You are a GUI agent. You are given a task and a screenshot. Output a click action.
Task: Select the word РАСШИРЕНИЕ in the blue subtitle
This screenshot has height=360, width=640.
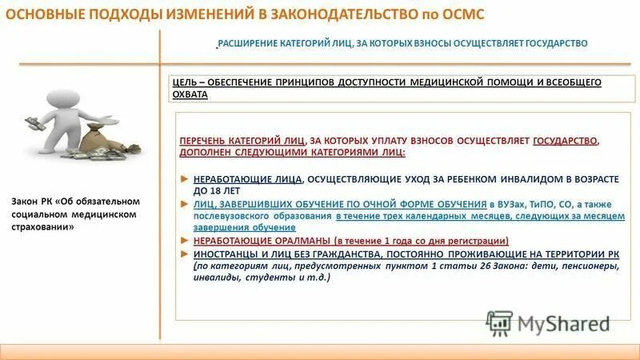(250, 43)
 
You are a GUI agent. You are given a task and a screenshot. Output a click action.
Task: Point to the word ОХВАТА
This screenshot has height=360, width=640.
(190, 94)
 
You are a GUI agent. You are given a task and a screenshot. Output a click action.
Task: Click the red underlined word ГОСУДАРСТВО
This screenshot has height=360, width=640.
(565, 140)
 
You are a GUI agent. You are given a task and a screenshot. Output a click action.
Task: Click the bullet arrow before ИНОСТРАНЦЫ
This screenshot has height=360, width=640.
(185, 253)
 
